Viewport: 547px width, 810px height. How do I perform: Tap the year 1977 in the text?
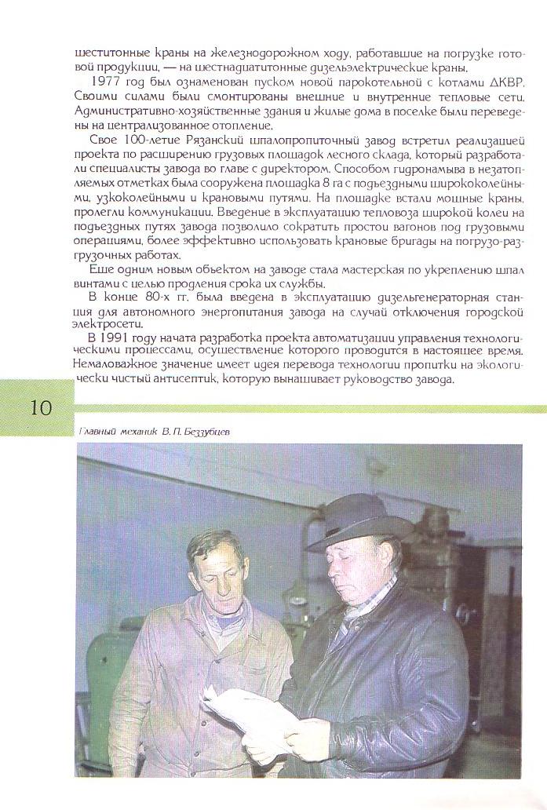tap(106, 82)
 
